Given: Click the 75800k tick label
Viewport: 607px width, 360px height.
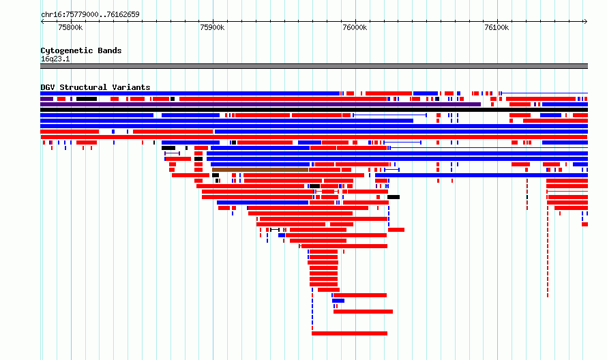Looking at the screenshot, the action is click(70, 27).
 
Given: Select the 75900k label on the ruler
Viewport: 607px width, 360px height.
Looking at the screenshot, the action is click(212, 27).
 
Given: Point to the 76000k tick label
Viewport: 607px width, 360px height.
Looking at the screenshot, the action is click(355, 27).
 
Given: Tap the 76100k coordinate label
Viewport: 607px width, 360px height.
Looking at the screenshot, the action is click(497, 27).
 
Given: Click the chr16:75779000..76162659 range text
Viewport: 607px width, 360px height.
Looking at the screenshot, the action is click(90, 15).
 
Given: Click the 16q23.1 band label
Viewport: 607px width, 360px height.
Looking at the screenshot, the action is click(55, 59).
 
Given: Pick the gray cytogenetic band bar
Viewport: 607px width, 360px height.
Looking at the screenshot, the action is click(314, 66).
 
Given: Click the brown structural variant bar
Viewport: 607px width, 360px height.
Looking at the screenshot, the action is click(260, 170).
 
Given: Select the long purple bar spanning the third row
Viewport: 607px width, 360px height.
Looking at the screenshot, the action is click(261, 104).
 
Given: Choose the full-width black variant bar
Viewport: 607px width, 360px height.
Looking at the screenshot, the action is click(314, 110).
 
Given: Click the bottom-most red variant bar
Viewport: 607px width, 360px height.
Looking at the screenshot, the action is click(350, 333).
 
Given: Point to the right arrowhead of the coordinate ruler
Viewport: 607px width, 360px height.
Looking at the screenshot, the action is click(587, 22).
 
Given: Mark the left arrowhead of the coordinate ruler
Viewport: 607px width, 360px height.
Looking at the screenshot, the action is click(42, 22).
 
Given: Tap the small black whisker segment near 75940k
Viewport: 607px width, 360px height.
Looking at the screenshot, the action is click(275, 230).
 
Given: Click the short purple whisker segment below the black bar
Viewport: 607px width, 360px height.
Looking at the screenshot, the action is click(173, 153).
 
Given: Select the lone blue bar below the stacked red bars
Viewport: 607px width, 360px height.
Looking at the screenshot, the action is click(338, 301).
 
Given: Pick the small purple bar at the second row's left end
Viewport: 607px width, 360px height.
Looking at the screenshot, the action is click(47, 99).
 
